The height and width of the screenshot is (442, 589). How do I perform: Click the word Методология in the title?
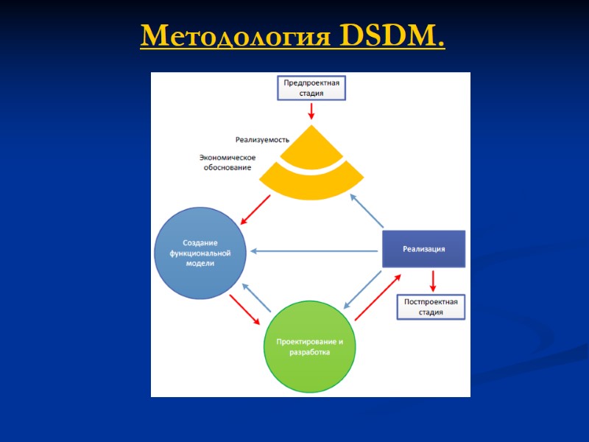click(x=236, y=35)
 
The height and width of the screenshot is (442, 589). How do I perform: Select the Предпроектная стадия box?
click(x=311, y=88)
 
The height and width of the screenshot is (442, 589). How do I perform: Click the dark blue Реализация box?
click(x=423, y=249)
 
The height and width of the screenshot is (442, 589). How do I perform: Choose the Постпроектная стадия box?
click(x=431, y=306)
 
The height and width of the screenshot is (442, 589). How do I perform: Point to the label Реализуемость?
click(x=262, y=139)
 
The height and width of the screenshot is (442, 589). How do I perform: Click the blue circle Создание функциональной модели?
click(x=199, y=253)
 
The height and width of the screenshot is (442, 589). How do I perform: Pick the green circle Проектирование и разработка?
click(x=309, y=346)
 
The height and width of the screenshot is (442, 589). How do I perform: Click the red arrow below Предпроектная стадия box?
click(x=311, y=111)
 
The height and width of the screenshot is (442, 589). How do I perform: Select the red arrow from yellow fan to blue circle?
click(x=255, y=211)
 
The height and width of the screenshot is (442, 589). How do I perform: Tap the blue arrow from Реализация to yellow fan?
click(x=367, y=211)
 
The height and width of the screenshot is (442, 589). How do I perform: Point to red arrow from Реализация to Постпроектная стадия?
click(x=432, y=281)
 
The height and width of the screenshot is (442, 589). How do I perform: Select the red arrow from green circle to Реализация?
click(x=378, y=297)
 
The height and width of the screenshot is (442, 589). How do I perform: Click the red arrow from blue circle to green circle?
click(x=244, y=309)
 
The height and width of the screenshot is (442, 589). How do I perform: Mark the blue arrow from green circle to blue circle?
click(x=255, y=297)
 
